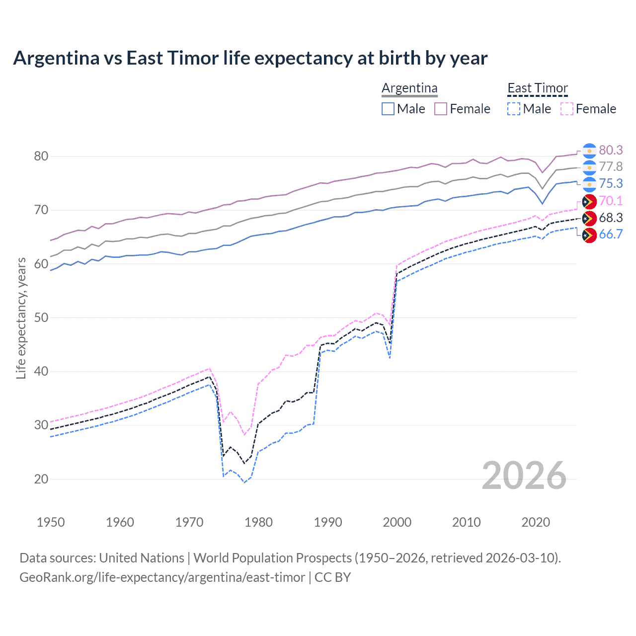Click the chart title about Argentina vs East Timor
(250, 58)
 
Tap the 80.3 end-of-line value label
(611, 150)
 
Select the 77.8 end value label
(611, 166)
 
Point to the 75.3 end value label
(611, 183)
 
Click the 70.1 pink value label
(611, 201)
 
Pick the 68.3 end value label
(611, 218)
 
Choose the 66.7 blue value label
(611, 234)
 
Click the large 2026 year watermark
(524, 476)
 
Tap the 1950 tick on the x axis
(51, 522)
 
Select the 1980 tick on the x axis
(258, 522)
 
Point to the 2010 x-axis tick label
(466, 522)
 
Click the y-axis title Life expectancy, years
(21, 318)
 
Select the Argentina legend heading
(409, 88)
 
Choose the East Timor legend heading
(537, 88)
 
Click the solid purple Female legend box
(441, 109)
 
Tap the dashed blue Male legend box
(514, 109)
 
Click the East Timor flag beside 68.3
(589, 218)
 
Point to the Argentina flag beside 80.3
(589, 151)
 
